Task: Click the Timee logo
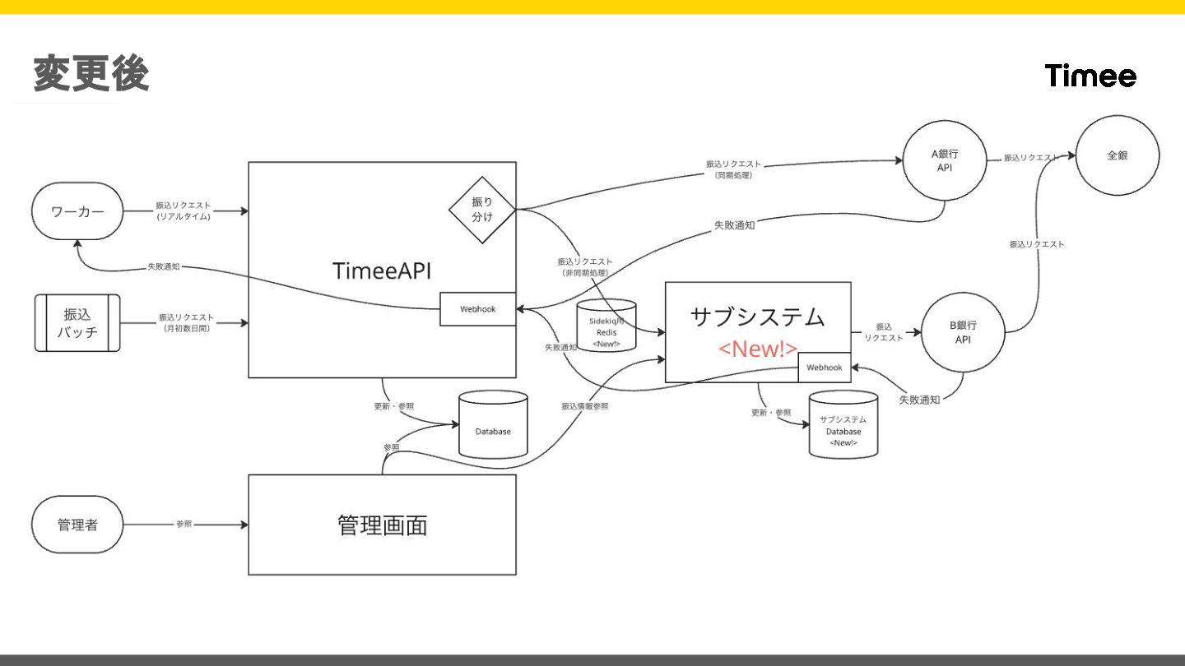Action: click(1090, 76)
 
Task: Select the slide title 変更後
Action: click(91, 74)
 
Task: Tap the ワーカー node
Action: click(77, 211)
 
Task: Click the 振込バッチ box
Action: click(77, 323)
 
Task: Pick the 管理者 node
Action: click(77, 525)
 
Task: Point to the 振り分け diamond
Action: click(482, 210)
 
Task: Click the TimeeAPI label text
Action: click(382, 271)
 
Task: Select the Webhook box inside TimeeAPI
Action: click(477, 309)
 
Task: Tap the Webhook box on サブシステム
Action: click(824, 368)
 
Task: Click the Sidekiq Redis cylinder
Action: click(606, 326)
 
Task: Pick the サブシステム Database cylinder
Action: click(843, 425)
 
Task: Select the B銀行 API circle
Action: click(963, 332)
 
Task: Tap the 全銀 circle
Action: click(1117, 155)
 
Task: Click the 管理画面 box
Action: click(382, 525)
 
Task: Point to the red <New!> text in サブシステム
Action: click(758, 349)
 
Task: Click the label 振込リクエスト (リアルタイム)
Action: click(184, 210)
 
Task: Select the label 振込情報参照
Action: click(585, 406)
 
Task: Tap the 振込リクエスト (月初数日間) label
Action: click(186, 322)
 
